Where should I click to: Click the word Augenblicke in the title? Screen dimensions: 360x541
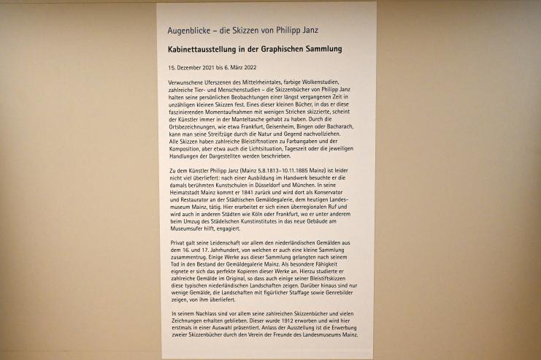pyautogui.click(x=191, y=31)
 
